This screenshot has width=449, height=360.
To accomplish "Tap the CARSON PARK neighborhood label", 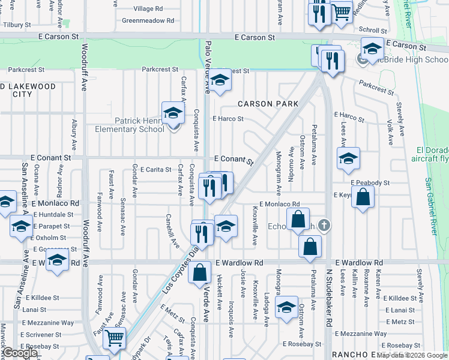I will tap(268, 104).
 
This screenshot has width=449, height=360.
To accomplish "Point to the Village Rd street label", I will tap(148, 9).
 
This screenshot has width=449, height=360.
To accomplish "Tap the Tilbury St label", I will tap(16, 25).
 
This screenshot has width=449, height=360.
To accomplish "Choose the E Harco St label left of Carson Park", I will tap(228, 119).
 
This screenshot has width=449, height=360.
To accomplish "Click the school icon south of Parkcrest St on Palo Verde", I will tap(220, 82).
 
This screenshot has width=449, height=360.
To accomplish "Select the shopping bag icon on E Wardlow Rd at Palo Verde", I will tap(200, 273).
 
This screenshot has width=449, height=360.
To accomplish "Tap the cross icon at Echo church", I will tap(324, 226).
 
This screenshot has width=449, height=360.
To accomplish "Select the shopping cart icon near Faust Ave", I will tap(113, 338).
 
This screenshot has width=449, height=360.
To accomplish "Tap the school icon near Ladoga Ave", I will tap(287, 307).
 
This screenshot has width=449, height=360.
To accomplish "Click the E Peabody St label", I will tap(370, 182).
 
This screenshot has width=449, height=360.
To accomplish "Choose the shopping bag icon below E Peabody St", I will tap(363, 197).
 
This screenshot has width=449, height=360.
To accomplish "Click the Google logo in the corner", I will tap(20, 353).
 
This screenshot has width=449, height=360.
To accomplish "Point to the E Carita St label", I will tap(155, 170).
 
